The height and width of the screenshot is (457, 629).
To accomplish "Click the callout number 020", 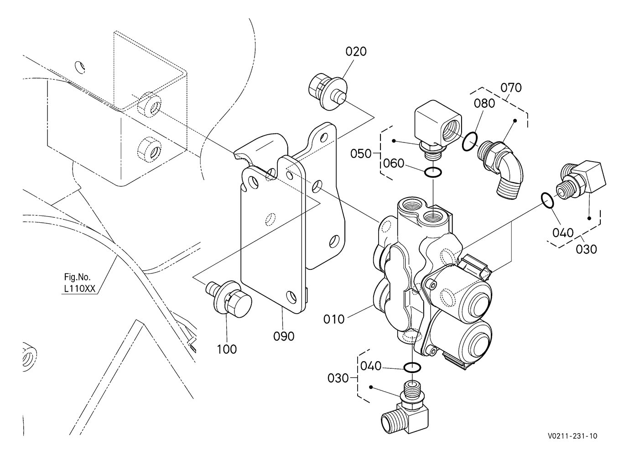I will tap(356, 51).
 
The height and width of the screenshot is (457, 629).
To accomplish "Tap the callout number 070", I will tap(511, 87).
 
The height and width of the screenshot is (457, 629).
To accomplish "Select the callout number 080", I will tap(484, 103).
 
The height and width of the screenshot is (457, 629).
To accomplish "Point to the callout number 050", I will tap(361, 153).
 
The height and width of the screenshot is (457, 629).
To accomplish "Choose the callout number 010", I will tap(334, 319).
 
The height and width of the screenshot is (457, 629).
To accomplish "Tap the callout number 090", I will tap(284, 336).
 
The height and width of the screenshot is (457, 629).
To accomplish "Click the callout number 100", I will tap(227, 349).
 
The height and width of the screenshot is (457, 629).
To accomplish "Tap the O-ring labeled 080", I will tap(469, 142).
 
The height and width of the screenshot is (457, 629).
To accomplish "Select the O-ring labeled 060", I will tap(433, 173).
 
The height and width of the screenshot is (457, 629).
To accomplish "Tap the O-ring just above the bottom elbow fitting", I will tap(412, 367).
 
